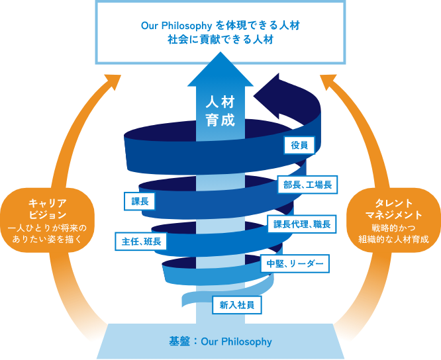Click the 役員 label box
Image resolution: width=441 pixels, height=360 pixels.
click(x=299, y=146)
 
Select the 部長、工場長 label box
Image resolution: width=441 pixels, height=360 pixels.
click(x=307, y=185)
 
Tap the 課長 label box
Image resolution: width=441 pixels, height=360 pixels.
click(x=140, y=201)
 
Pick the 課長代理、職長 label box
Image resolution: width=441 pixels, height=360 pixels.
click(x=302, y=224)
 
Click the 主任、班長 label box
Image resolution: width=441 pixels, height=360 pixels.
click(x=141, y=241)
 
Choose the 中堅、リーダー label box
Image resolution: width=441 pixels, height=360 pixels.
click(x=295, y=263)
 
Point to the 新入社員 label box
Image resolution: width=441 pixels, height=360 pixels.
click(x=237, y=305)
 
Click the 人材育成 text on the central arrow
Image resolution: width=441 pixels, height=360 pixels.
click(x=220, y=111)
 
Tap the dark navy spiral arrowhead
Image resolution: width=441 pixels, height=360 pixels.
click(x=270, y=95)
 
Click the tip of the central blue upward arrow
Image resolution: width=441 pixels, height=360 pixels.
click(x=220, y=52)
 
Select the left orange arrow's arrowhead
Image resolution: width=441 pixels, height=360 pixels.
click(x=113, y=81)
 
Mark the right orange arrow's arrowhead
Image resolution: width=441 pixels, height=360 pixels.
click(x=328, y=81)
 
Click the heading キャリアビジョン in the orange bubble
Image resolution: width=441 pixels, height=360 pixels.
click(x=48, y=209)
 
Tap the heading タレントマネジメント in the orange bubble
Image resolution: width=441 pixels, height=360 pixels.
click(x=393, y=209)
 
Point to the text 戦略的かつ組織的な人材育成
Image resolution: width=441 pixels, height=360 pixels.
click(x=393, y=234)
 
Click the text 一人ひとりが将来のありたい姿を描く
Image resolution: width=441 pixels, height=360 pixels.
click(x=48, y=234)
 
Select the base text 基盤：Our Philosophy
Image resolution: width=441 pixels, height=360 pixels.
click(x=220, y=341)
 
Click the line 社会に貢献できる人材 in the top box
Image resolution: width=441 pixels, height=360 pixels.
click(x=220, y=40)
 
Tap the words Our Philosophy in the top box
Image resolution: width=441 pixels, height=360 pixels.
click(x=176, y=26)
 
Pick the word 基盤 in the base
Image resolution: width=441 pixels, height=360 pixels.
click(x=179, y=341)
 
